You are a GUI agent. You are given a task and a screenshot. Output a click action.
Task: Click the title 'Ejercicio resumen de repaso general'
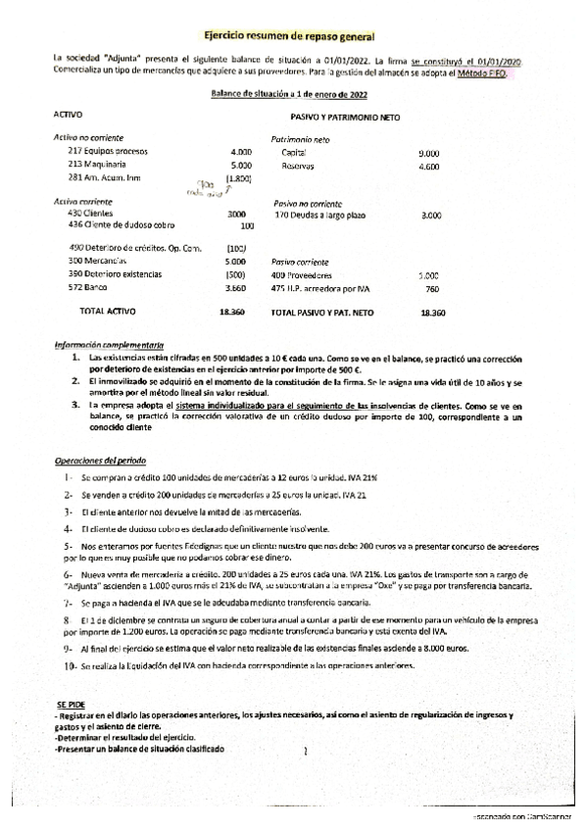pyautogui.click(x=293, y=34)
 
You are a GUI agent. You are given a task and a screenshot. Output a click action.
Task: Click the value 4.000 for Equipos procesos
pyautogui.click(x=240, y=153)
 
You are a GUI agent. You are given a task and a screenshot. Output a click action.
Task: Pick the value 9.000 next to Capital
pyautogui.click(x=428, y=154)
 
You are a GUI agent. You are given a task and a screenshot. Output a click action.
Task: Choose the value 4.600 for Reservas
pyautogui.click(x=428, y=167)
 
